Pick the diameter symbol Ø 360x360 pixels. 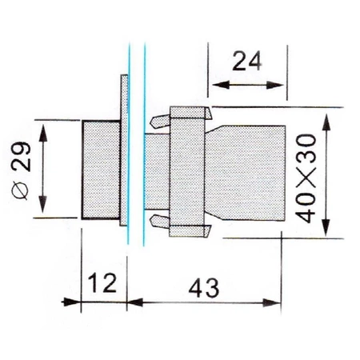tap(22, 192)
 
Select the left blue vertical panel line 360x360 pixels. tap(128, 144)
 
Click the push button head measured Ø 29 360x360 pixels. tap(100, 169)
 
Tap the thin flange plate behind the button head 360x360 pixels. tap(122, 152)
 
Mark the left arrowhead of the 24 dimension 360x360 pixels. tap(214, 83)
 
